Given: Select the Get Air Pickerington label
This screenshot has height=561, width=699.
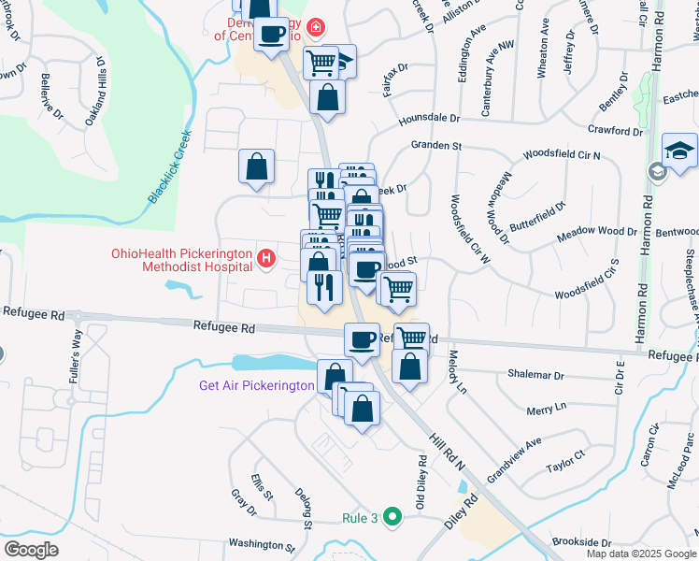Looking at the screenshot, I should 256,385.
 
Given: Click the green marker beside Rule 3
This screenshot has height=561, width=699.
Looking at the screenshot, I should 393,515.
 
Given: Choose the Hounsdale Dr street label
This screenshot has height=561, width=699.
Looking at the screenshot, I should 430,119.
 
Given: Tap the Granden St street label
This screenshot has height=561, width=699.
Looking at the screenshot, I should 436,146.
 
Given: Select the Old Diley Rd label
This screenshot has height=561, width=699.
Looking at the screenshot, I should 422,478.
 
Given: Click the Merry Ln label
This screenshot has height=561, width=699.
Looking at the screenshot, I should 547,409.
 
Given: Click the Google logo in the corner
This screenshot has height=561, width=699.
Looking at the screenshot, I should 32,549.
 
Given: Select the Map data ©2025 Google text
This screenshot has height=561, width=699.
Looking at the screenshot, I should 640,554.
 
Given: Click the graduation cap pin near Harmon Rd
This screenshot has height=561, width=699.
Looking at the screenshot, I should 679,150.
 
